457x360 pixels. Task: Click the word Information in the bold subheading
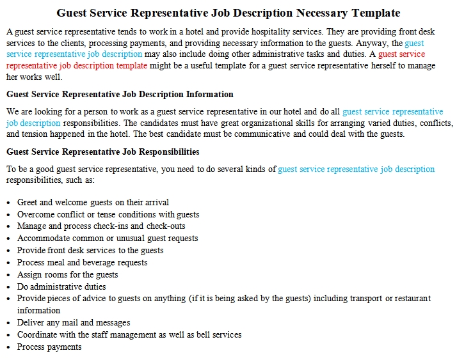209,94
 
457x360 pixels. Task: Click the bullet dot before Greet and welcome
8,203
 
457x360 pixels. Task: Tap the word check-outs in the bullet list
166,226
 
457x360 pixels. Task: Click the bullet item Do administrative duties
61,286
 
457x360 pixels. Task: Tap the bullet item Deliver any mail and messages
73,322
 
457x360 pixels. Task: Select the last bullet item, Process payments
49,347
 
